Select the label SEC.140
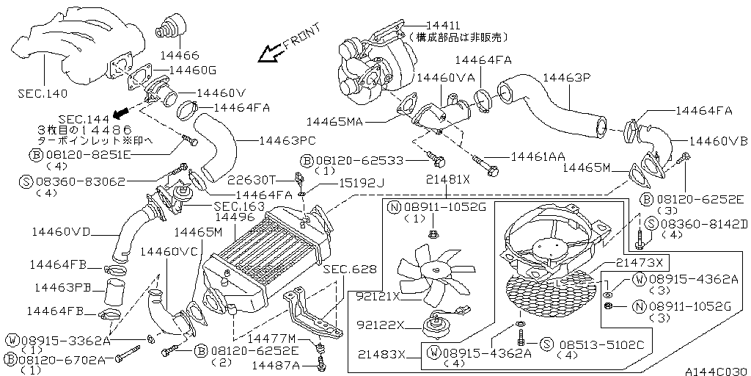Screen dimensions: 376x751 tap(40, 94)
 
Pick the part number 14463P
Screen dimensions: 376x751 tap(566, 77)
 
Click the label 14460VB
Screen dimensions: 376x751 tap(717, 140)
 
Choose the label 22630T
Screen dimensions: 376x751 tap(250, 178)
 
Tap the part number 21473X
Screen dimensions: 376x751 tap(638, 262)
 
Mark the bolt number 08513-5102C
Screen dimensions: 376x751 tap(591, 344)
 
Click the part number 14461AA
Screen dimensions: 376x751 tap(538, 156)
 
